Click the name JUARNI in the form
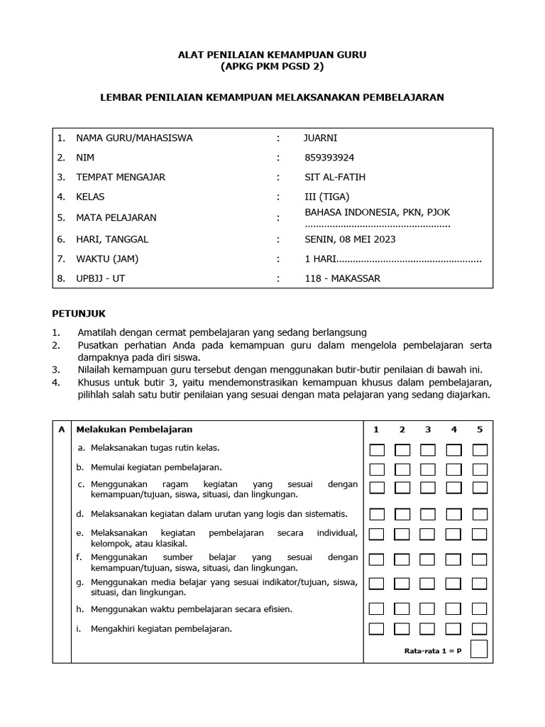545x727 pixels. (x=321, y=138)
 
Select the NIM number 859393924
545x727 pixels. (x=329, y=158)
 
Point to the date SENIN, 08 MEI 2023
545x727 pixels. (x=350, y=239)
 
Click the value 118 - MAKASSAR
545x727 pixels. (x=342, y=278)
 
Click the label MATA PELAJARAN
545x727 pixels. (x=116, y=217)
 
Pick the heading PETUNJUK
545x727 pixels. (x=79, y=312)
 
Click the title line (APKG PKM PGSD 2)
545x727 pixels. (x=272, y=67)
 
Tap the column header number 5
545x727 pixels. (x=480, y=430)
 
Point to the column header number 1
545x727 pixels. (x=377, y=430)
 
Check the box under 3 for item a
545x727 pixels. (x=428, y=449)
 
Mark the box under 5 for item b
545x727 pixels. (x=480, y=469)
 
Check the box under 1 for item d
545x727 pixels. (x=377, y=514)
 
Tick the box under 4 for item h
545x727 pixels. (x=454, y=608)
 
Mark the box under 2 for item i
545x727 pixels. (x=402, y=628)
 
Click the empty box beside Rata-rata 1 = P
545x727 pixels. (x=479, y=649)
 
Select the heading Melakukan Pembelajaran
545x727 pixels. (x=134, y=430)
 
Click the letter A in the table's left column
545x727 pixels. (x=62, y=430)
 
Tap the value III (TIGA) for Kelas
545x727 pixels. (x=326, y=197)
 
